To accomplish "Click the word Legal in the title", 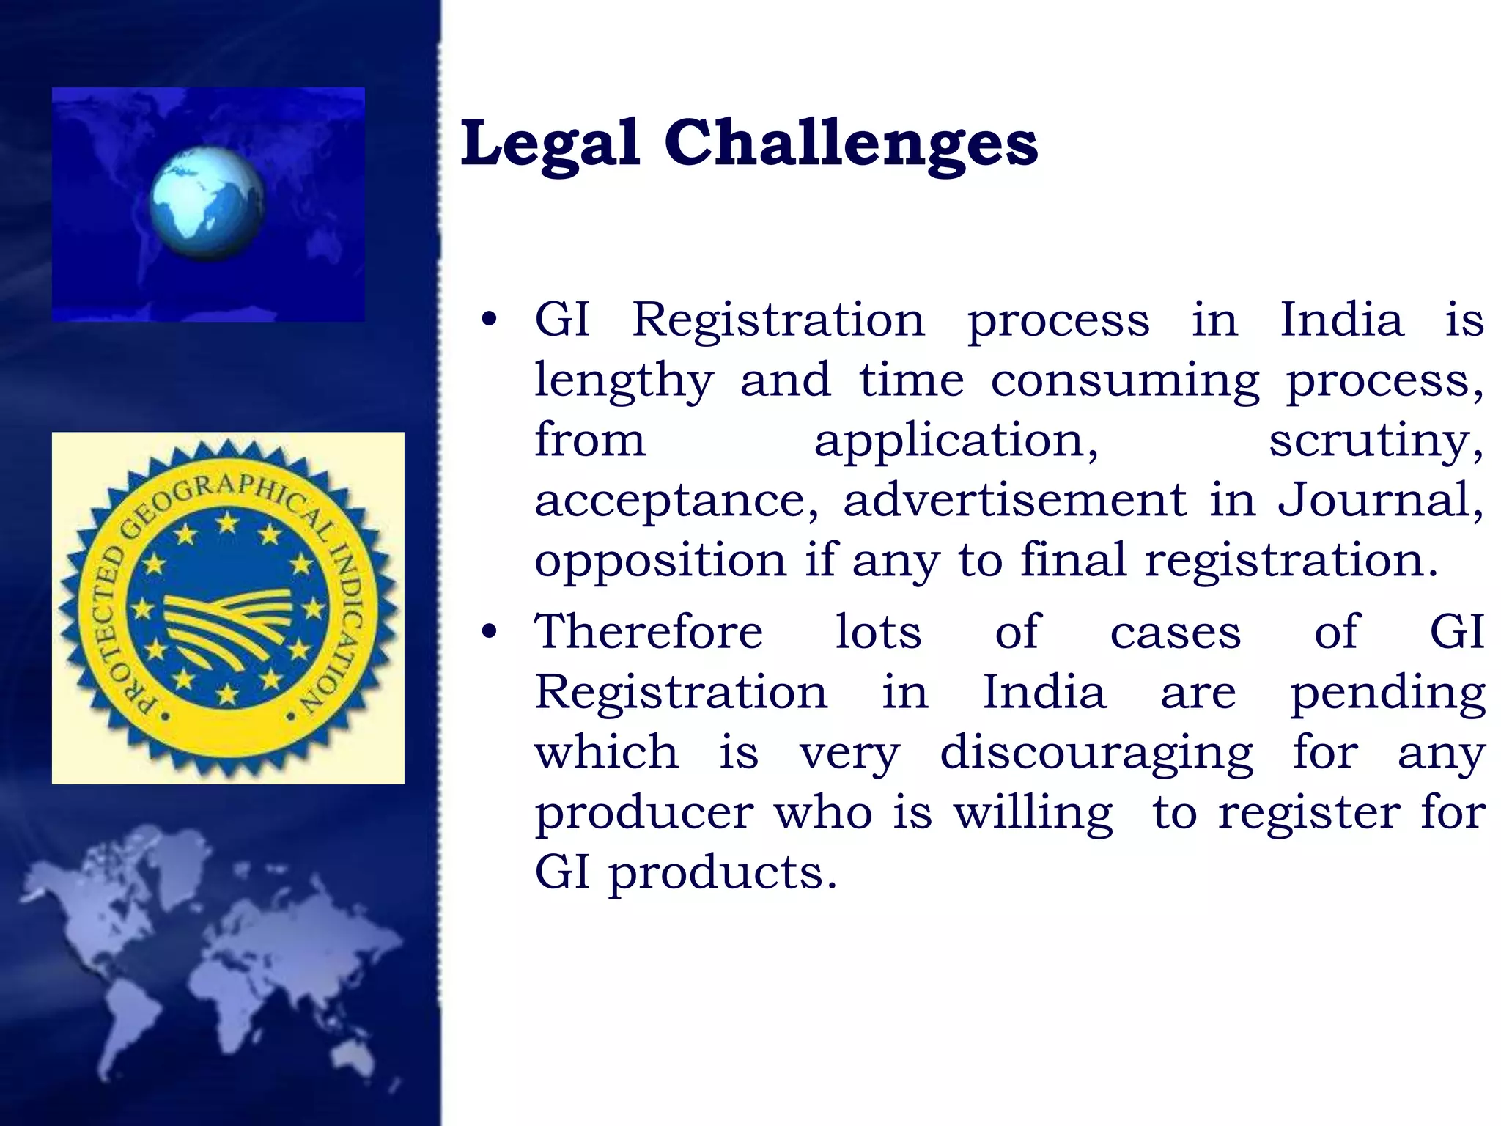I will (549, 143).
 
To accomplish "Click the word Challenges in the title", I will (851, 143).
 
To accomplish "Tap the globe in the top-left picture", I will (207, 204).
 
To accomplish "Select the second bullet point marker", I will (489, 632).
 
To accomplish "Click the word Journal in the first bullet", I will (1380, 500).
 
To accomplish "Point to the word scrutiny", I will (1376, 441).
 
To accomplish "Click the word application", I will (956, 441).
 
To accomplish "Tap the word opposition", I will (660, 562).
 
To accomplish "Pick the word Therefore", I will (649, 632).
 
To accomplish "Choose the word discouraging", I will (1096, 754).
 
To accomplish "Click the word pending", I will (1387, 693).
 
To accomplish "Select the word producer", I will (644, 814).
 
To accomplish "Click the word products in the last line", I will (723, 874).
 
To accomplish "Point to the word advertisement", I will (1014, 500).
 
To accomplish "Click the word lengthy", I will (624, 381).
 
